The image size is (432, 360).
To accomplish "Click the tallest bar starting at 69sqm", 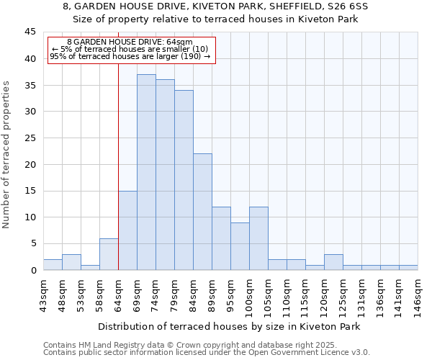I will (x=146, y=172).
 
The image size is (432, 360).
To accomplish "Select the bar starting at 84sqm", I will (x=202, y=212).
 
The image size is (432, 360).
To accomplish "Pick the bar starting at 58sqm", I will (x=109, y=254).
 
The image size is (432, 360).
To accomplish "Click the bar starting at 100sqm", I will (x=258, y=238).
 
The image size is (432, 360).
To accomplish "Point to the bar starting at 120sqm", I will (x=333, y=262).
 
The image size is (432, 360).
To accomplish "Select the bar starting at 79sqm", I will (x=184, y=180).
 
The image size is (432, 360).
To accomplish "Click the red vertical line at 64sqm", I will (x=118, y=166).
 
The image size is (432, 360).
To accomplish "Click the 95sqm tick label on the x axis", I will (x=230, y=294).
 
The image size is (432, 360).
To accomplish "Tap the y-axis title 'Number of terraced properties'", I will (x=6, y=155).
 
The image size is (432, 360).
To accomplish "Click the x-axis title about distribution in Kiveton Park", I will (x=228, y=326).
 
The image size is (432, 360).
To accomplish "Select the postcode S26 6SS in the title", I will (x=345, y=6).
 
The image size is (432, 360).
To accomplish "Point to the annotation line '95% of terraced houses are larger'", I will (x=130, y=56).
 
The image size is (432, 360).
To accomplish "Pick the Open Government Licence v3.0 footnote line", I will (x=206, y=352).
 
